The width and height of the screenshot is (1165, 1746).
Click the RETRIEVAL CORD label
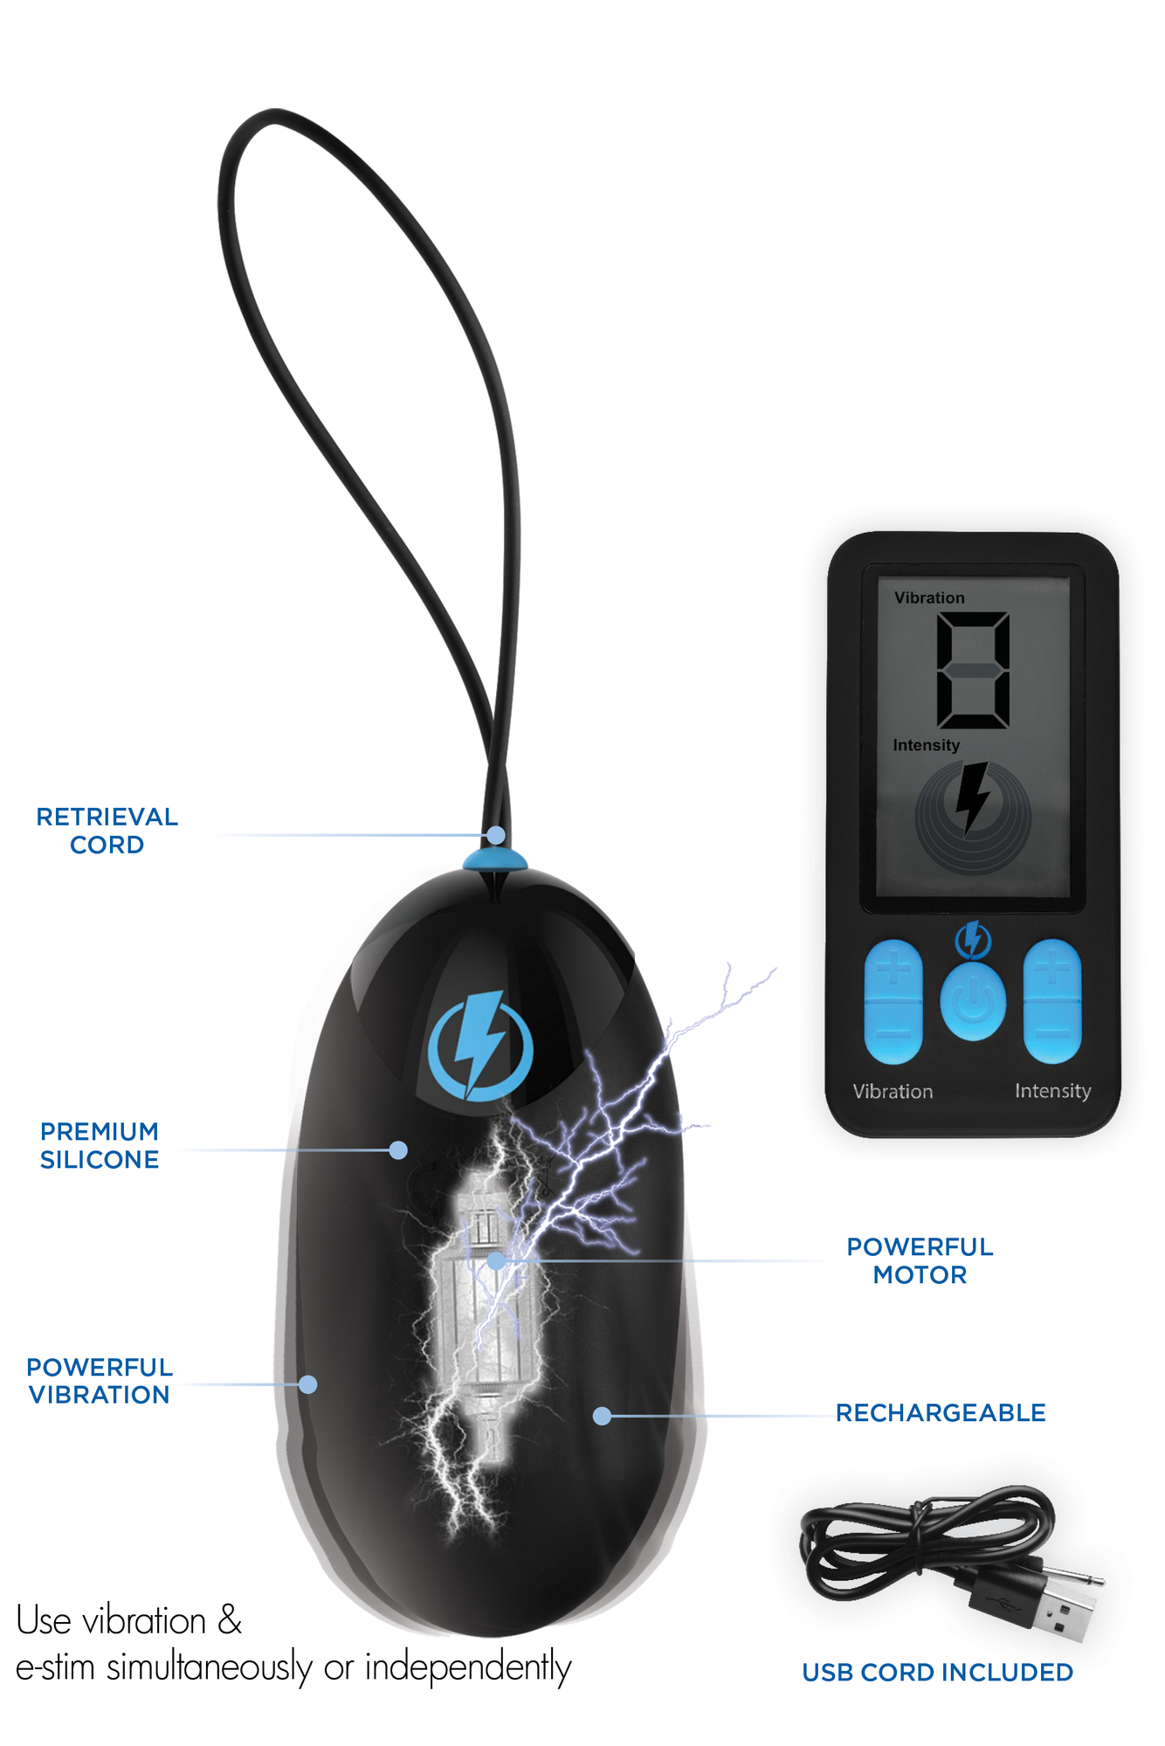click(x=107, y=831)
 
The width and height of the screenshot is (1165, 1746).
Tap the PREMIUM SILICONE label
click(x=100, y=1145)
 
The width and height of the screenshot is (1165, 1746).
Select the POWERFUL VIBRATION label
click(x=100, y=1381)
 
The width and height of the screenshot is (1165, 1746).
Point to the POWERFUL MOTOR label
click(x=920, y=1260)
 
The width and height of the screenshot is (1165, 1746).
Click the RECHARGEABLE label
click(x=941, y=1412)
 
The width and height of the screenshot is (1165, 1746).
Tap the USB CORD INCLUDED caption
click(x=938, y=1672)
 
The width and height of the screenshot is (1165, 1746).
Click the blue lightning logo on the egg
click(x=480, y=1045)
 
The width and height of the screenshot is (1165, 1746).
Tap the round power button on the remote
click(x=973, y=1002)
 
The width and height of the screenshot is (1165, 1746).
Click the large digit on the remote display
click(x=973, y=670)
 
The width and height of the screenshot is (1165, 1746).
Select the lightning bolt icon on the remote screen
click(x=973, y=797)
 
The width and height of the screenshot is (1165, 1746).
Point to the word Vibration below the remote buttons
click(x=893, y=1091)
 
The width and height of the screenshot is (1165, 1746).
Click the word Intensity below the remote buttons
click(x=1052, y=1092)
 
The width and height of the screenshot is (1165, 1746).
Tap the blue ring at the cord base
click(x=495, y=860)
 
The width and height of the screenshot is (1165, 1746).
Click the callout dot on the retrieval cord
click(x=496, y=835)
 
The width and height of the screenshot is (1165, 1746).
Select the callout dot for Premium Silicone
click(x=398, y=1150)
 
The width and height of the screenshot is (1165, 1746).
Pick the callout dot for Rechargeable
click(x=602, y=1416)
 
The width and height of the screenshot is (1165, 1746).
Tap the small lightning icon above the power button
click(x=973, y=939)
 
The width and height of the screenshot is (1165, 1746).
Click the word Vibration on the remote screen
click(x=929, y=597)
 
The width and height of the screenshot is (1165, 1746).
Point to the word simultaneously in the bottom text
click(x=210, y=1667)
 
